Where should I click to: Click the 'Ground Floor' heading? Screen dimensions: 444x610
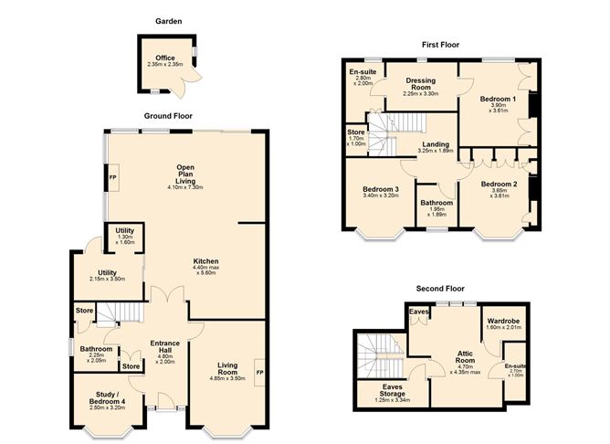pyautogui.click(x=168, y=116)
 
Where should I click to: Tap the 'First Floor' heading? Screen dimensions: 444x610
pyautogui.click(x=439, y=44)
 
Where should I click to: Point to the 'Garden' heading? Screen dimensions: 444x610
pyautogui.click(x=168, y=20)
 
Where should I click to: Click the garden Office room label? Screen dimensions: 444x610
pyautogui.click(x=165, y=58)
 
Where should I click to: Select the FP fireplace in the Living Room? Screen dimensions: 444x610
pyautogui.click(x=258, y=373)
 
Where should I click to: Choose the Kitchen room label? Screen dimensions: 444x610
pyautogui.click(x=205, y=261)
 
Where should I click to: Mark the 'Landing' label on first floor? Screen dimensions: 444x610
pyautogui.click(x=435, y=144)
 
